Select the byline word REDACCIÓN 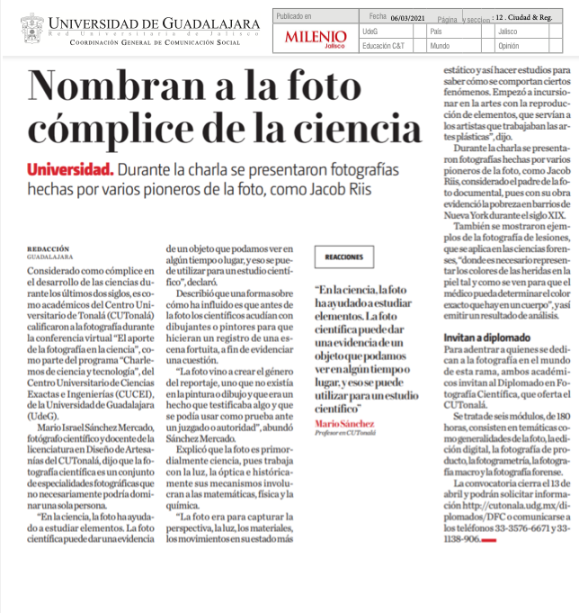pyautogui.click(x=45, y=248)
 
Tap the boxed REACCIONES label pyautogui.click(x=344, y=257)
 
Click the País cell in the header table pyautogui.click(x=437, y=31)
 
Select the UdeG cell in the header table pyautogui.click(x=370, y=31)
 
